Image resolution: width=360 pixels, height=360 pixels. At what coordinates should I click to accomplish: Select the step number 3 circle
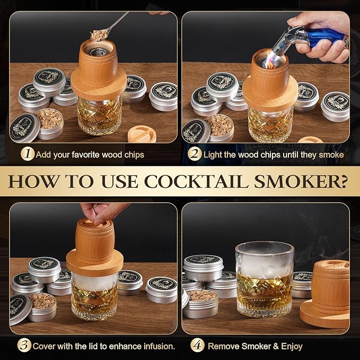(x=23, y=346)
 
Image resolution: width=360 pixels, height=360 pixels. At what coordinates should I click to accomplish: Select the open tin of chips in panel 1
(x=49, y=122)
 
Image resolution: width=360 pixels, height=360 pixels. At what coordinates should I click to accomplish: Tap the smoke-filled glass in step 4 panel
(x=265, y=278)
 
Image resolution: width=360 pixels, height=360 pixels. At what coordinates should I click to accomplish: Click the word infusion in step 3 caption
(x=157, y=346)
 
